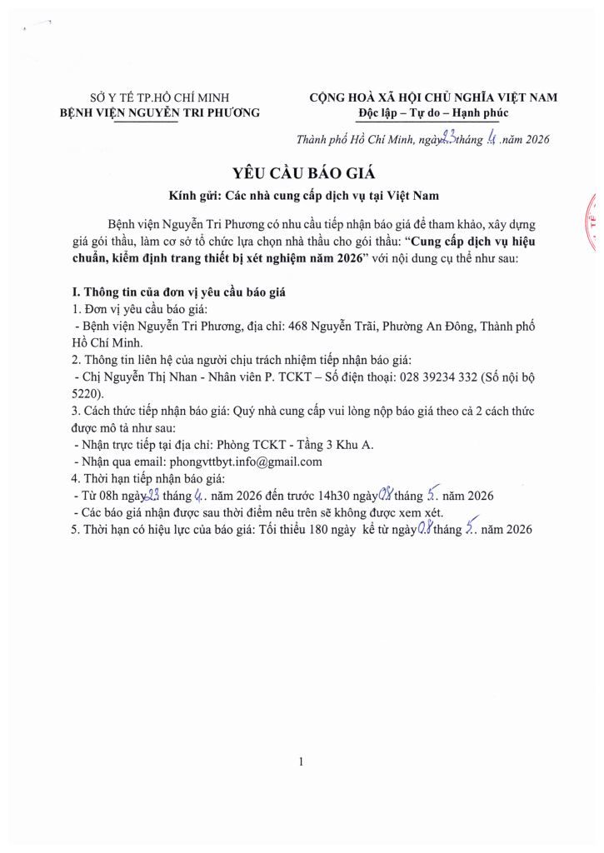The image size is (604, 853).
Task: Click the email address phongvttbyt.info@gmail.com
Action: pyautogui.click(x=245, y=461)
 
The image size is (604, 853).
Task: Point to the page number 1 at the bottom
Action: pyautogui.click(x=301, y=761)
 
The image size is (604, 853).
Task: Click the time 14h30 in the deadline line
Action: pyautogui.click(x=336, y=496)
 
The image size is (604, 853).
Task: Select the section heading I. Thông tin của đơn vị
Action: pyautogui.click(x=180, y=293)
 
